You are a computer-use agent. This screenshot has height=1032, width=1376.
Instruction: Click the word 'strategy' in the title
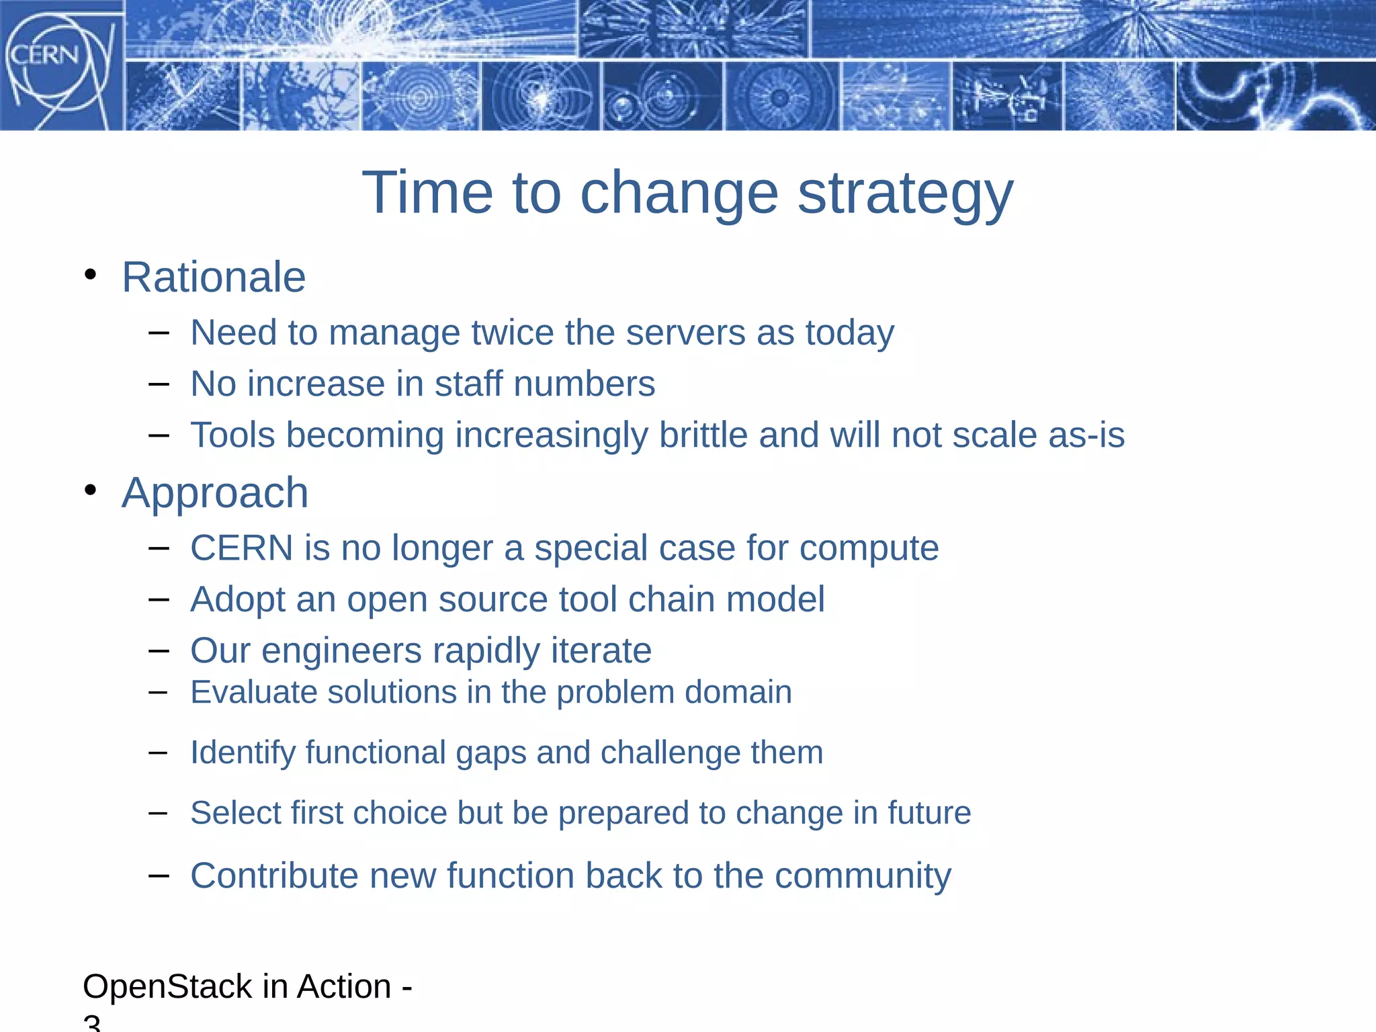tap(905, 193)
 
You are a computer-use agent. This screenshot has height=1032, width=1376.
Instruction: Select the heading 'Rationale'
tap(214, 277)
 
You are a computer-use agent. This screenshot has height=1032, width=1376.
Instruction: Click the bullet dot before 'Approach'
tap(91, 490)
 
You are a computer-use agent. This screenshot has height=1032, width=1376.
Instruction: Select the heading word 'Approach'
tap(215, 493)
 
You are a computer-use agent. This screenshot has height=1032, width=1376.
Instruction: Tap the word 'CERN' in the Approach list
tap(242, 548)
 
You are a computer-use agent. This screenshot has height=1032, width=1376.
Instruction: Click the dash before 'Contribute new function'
tap(159, 875)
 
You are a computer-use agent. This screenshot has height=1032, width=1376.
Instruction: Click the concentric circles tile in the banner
tap(420, 97)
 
